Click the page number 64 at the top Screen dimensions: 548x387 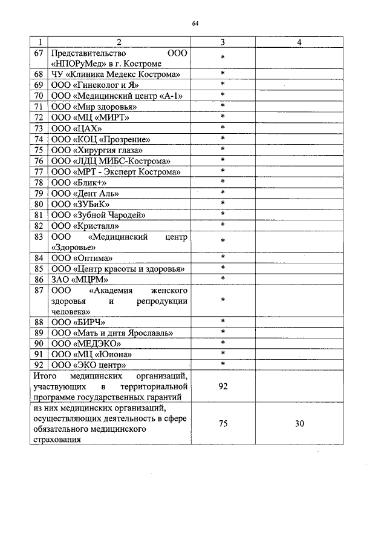[195, 24]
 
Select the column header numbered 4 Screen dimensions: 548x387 [300, 42]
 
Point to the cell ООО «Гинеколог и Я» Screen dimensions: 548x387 [99, 85]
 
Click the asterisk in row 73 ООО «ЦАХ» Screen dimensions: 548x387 [223, 128]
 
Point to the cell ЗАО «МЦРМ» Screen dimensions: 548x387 [80, 279]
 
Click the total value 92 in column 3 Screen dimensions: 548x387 [223, 386]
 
